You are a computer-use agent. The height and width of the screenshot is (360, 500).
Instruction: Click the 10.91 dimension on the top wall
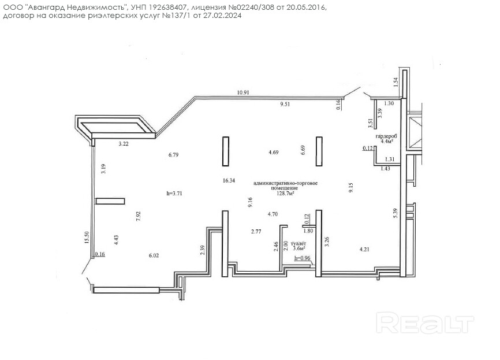point(243,92)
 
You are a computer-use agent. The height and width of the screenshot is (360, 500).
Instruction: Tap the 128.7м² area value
point(285,193)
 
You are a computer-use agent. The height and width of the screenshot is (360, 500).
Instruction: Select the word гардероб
point(386,136)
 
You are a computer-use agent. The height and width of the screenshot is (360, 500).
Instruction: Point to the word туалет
point(298,243)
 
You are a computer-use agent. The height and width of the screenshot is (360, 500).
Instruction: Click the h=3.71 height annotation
point(174,193)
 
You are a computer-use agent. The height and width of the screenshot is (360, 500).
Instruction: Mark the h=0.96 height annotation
point(303,258)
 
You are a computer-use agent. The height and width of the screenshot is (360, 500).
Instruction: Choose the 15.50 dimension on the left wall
point(87,237)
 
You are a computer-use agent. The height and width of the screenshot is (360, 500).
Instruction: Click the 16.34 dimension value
point(229,181)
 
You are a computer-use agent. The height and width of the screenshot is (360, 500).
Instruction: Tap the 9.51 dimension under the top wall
point(285,104)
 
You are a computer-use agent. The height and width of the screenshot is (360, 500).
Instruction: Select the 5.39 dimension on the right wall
point(395,213)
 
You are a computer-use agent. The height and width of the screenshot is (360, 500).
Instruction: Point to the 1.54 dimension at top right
point(395,83)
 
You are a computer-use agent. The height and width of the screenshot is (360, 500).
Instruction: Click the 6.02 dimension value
point(154,255)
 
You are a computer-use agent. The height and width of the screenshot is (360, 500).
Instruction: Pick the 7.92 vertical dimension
point(138,216)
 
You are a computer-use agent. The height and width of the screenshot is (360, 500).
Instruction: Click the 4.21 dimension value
point(364,249)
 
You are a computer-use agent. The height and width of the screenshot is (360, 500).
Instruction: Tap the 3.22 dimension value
point(124,144)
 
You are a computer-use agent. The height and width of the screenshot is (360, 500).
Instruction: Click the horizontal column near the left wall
point(110,201)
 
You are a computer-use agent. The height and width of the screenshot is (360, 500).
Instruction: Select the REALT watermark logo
point(425,322)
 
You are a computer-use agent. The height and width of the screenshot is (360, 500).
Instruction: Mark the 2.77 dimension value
point(256,231)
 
